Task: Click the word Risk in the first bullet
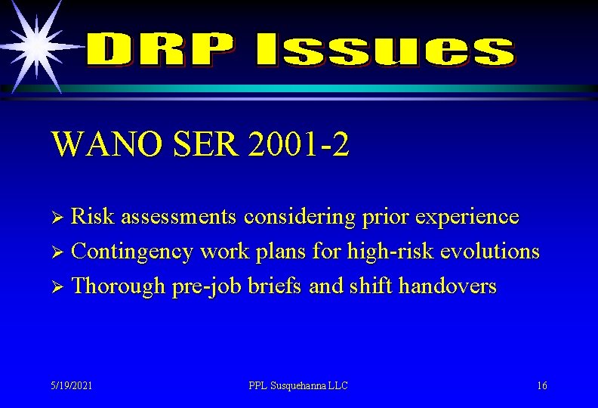(x=93, y=217)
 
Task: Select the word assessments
(x=179, y=217)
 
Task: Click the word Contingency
(x=132, y=252)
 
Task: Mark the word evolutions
(x=492, y=252)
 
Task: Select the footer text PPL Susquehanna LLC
(x=298, y=385)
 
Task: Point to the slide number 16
(x=542, y=385)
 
